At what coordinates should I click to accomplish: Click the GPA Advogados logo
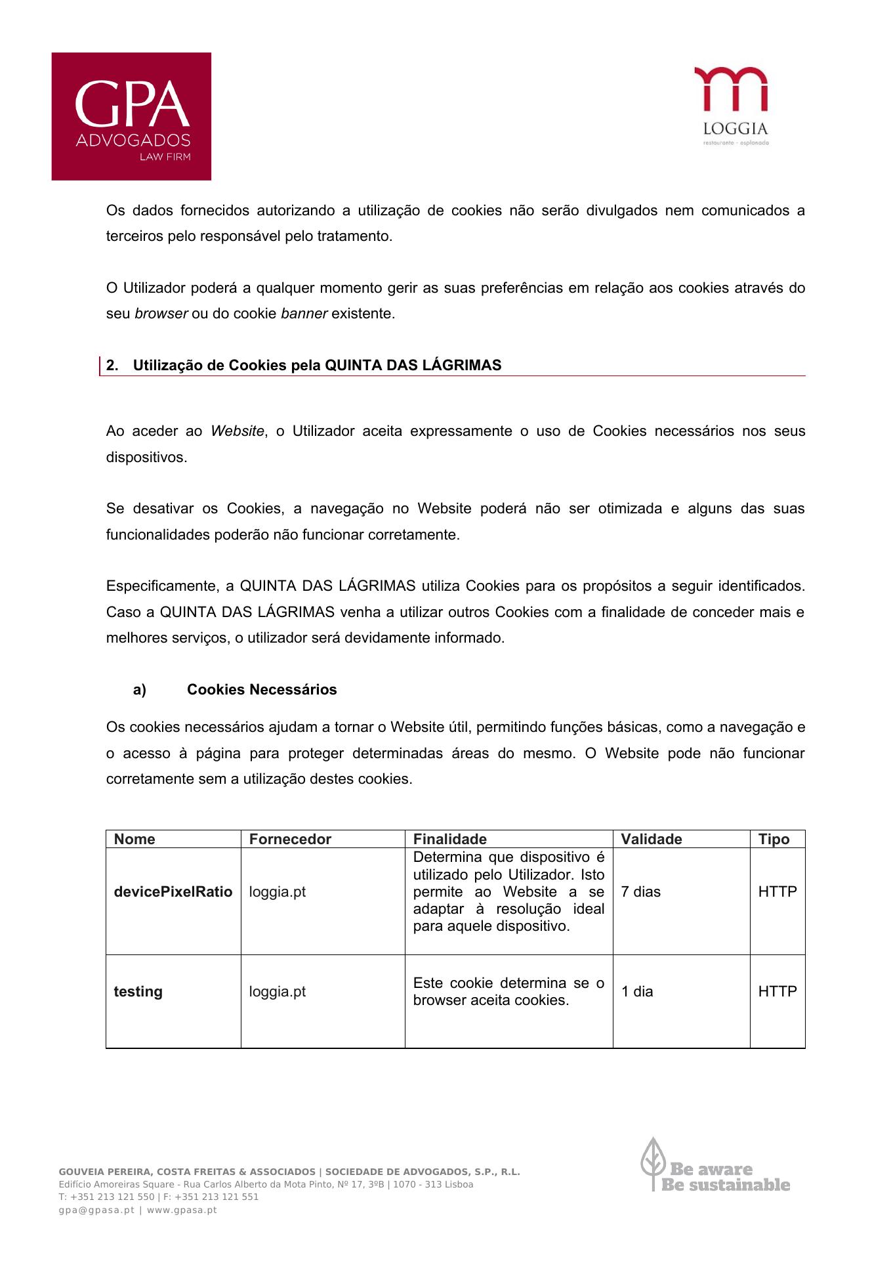point(131,116)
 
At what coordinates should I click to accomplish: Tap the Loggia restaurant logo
point(731,106)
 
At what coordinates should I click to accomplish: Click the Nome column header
point(135,839)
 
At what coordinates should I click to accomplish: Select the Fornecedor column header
point(290,839)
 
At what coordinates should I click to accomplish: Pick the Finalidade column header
point(450,839)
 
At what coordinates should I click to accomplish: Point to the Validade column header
point(652,839)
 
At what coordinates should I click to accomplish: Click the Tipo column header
point(774,839)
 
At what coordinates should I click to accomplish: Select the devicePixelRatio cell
point(173,891)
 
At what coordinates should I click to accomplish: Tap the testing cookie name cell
point(138,991)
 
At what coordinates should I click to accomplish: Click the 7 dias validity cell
point(641,891)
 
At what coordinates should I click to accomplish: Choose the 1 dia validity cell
point(638,991)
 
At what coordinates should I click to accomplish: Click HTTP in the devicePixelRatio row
point(777,891)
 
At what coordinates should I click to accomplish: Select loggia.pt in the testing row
point(278,991)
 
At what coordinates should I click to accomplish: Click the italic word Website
point(237,431)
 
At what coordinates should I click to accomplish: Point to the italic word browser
point(161,314)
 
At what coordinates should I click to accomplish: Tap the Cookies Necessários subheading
point(262,689)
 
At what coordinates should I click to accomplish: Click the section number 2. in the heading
point(112,366)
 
